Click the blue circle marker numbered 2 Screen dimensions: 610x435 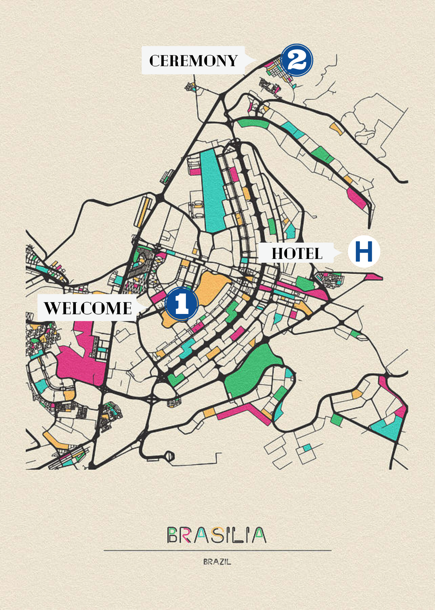point(297,60)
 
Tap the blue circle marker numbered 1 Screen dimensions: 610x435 point(182,304)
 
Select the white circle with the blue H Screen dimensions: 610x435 point(364,252)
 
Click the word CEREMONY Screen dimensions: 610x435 point(193,60)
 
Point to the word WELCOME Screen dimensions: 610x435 point(88,308)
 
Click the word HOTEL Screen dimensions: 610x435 point(297,253)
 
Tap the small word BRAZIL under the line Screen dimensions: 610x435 point(217,562)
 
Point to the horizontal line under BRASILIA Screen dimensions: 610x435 point(217,551)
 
